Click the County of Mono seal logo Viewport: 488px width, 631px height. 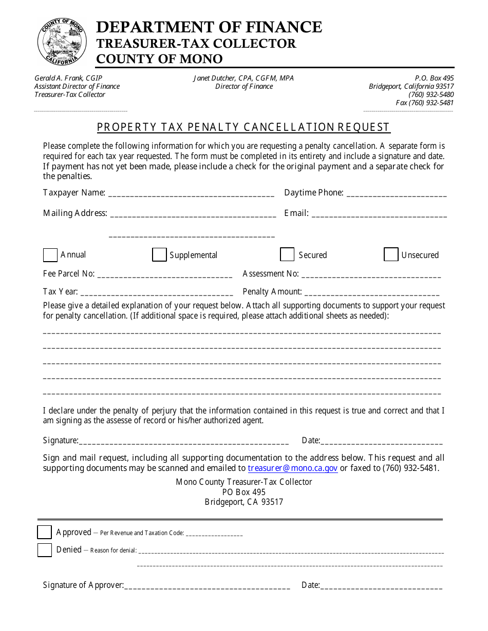click(61, 41)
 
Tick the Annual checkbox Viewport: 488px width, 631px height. click(50, 255)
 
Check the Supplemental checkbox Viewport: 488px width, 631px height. click(159, 255)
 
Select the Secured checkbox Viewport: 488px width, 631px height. click(287, 254)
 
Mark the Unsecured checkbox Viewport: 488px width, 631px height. click(391, 254)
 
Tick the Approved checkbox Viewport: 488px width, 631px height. click(45, 532)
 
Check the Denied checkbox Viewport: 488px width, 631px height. click(45, 550)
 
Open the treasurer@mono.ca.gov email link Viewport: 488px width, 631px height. click(292, 468)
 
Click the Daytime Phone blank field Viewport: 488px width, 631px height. click(397, 194)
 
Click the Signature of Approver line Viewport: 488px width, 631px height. click(207, 586)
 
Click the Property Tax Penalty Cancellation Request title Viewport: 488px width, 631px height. click(243, 127)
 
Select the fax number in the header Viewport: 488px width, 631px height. click(425, 103)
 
